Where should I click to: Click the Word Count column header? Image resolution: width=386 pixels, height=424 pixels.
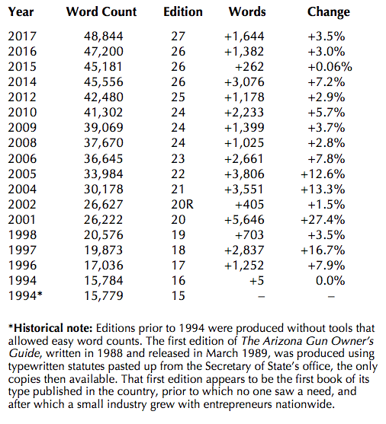101,12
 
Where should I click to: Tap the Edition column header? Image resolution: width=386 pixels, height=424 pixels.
183,12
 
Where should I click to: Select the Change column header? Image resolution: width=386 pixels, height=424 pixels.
329,12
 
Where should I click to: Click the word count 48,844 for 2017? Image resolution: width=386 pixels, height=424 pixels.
103,37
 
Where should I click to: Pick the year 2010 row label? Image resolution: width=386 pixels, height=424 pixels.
22,112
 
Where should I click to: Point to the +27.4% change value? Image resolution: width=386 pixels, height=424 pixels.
323,219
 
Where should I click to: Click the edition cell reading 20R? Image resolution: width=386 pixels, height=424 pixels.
182,204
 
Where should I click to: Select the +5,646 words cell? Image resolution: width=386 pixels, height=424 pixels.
244,219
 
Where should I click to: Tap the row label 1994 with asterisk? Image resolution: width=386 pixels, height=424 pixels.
25,295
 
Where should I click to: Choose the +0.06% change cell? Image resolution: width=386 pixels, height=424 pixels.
330,66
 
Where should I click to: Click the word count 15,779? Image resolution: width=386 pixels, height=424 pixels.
103,295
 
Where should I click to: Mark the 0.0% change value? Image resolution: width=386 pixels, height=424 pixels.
330,280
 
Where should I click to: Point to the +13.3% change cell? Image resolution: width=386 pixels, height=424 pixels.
323,189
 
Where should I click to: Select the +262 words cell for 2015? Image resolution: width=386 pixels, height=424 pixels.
249,66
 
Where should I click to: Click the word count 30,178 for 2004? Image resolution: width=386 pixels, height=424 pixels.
103,189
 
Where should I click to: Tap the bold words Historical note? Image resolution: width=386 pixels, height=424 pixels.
53,328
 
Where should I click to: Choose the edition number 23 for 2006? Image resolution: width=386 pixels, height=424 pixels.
178,159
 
